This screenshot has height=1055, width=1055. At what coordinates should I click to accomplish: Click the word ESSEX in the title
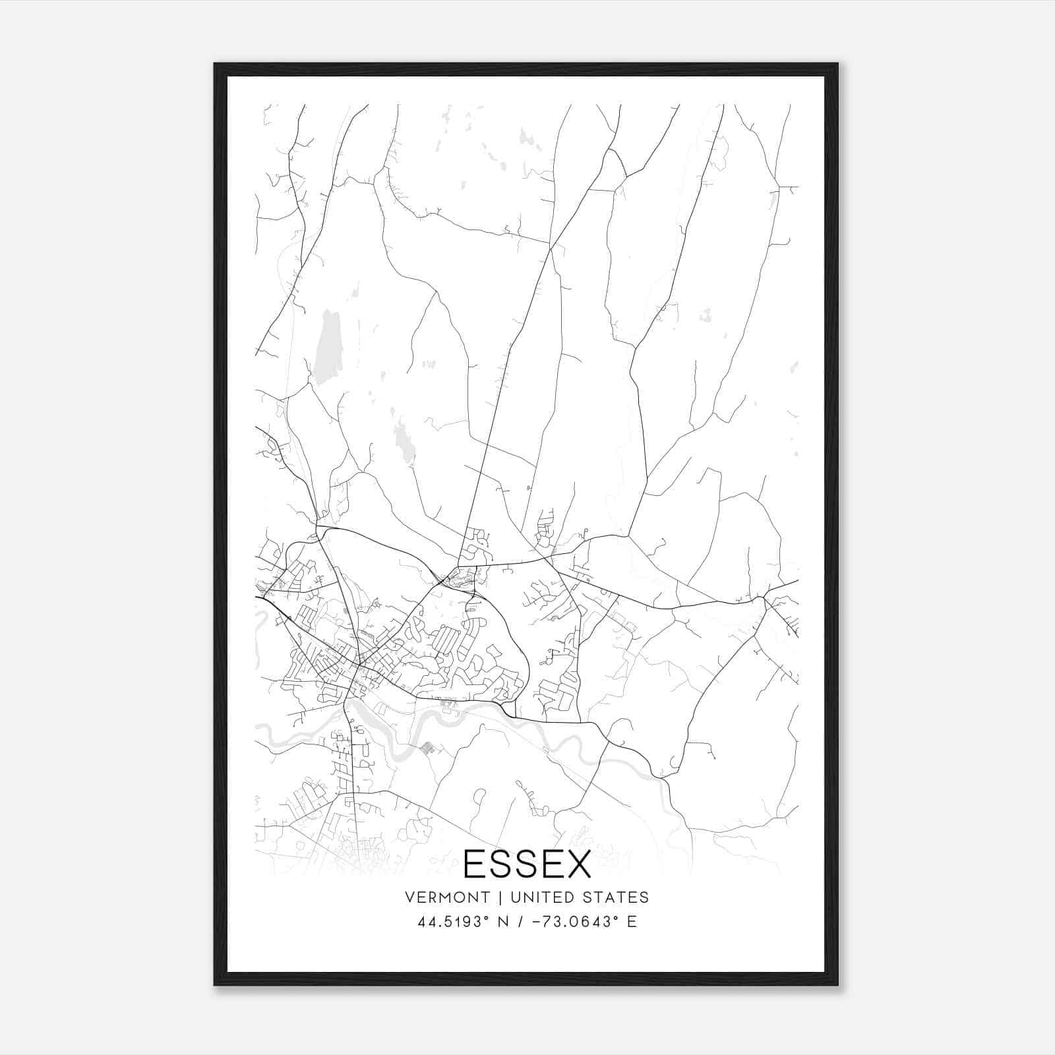(527, 864)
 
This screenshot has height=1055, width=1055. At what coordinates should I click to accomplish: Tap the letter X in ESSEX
(577, 864)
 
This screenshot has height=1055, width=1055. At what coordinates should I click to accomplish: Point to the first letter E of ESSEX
(476, 864)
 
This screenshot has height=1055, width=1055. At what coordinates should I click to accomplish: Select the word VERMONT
(448, 897)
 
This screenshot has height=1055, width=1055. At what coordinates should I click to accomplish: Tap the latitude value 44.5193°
(456, 922)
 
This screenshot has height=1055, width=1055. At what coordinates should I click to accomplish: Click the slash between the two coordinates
(523, 922)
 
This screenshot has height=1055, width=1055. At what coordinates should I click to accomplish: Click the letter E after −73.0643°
(632, 922)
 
